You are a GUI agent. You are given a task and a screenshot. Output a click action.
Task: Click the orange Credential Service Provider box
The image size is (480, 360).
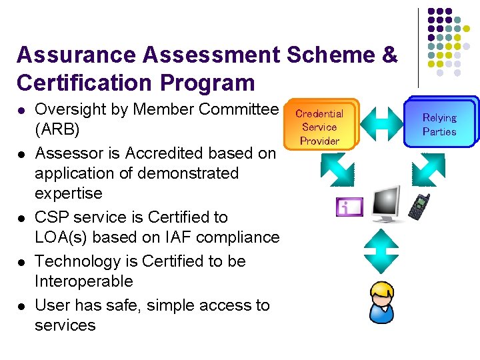(320, 127)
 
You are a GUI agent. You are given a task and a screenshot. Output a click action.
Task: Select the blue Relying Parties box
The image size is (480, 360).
(440, 123)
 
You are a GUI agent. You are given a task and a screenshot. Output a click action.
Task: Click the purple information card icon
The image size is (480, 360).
(349, 207)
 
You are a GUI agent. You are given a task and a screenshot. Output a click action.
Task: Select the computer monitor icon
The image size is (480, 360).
(385, 205)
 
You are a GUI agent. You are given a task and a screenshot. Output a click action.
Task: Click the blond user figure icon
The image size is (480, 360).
(382, 302)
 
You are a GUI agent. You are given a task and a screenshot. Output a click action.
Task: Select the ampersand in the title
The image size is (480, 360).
(389, 55)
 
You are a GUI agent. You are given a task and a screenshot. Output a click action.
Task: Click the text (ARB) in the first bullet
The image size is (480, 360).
(57, 129)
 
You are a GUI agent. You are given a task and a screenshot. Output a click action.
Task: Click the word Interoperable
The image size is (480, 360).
(84, 281)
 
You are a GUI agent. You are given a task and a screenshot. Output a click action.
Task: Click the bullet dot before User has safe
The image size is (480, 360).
(21, 306)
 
